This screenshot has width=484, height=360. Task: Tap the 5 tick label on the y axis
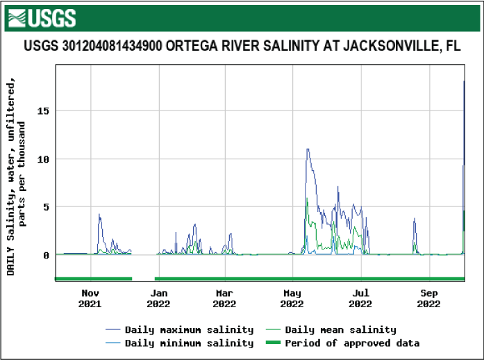pyautogui.click(x=47, y=207)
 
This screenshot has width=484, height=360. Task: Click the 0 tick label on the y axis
pyautogui.click(x=47, y=255)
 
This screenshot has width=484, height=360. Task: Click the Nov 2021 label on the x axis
pyautogui.click(x=90, y=298)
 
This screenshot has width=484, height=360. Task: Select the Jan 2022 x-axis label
pyautogui.click(x=158, y=298)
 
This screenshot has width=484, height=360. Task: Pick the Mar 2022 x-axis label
pyautogui.click(x=224, y=298)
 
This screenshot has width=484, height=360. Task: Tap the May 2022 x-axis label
pyautogui.click(x=292, y=298)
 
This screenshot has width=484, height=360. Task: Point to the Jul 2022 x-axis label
pyautogui.click(x=360, y=298)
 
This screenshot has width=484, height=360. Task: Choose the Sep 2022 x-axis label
pyautogui.click(x=428, y=298)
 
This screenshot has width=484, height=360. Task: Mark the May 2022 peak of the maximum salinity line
pyautogui.click(x=307, y=149)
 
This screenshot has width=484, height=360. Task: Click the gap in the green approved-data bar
pyautogui.click(x=143, y=279)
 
